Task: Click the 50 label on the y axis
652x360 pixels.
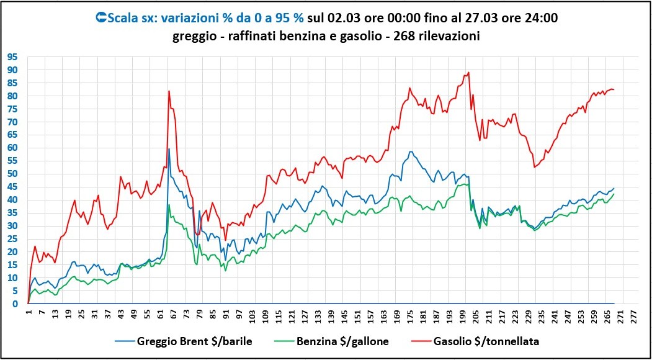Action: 12,174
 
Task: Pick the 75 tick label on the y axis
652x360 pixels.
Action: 12,109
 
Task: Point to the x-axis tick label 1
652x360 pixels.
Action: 29,314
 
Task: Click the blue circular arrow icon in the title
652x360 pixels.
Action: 101,18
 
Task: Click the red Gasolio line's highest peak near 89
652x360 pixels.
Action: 468,72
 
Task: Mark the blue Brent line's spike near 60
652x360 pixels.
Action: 169,149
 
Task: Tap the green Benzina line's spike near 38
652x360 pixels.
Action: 169,205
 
